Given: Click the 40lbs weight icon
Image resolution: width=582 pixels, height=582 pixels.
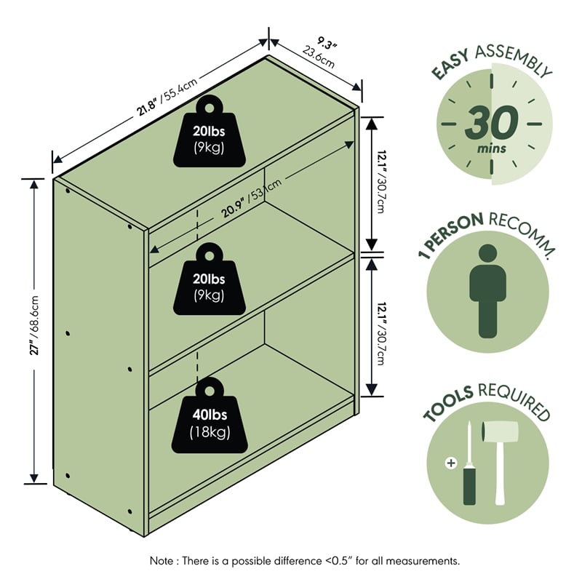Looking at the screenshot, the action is (210, 415).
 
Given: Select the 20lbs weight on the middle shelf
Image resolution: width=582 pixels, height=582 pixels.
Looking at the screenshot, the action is (210, 279).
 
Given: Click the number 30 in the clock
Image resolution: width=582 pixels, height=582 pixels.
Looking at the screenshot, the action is (492, 122).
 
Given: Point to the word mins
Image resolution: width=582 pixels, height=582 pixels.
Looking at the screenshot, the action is (492, 149).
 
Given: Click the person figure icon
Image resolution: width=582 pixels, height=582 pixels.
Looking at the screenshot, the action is (487, 291).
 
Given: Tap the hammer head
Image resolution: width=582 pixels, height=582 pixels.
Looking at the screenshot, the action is (500, 431).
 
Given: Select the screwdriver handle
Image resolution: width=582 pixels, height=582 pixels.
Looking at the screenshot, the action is (469, 486).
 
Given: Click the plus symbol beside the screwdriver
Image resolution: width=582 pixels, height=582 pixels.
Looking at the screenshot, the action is (451, 463).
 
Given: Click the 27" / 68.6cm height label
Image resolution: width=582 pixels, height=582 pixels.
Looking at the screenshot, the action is (34, 325).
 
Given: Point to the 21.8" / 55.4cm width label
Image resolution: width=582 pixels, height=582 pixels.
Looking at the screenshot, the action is (167, 97).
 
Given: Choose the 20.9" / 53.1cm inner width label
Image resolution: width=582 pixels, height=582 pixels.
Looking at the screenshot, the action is (252, 198).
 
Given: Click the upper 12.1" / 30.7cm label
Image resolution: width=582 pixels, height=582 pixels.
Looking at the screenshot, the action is (380, 181).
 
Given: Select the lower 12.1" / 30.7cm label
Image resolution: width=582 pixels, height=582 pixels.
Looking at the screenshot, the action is (380, 334).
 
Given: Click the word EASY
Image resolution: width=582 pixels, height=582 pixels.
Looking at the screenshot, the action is (450, 64).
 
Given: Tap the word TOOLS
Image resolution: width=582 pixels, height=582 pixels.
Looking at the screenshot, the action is (448, 404).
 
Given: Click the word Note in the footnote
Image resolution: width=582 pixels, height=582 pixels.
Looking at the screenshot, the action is (161, 560).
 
